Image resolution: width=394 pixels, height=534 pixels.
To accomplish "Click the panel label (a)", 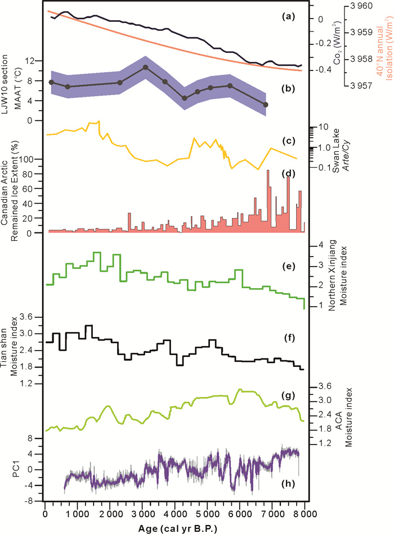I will point(288,17).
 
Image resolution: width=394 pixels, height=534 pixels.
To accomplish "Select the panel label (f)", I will point(288,338).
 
